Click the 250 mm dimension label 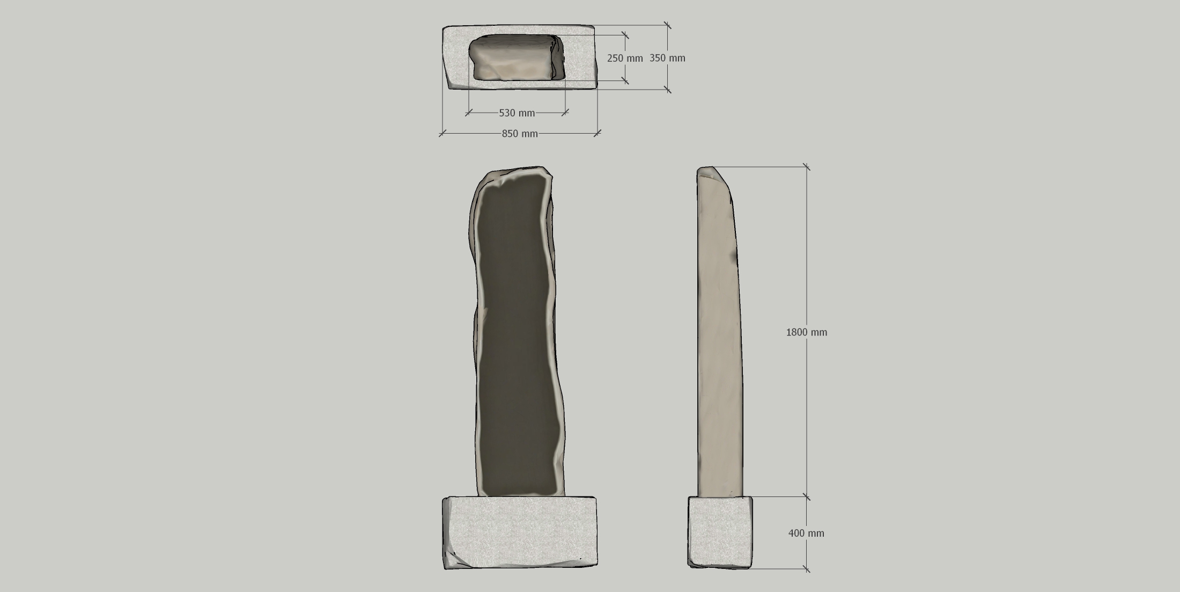(625, 58)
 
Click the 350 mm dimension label (667, 58)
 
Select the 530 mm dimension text (517, 113)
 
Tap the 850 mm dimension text (520, 134)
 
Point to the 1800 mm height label (807, 332)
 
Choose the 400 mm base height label (806, 533)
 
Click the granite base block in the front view (519, 532)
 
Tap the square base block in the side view (720, 531)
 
